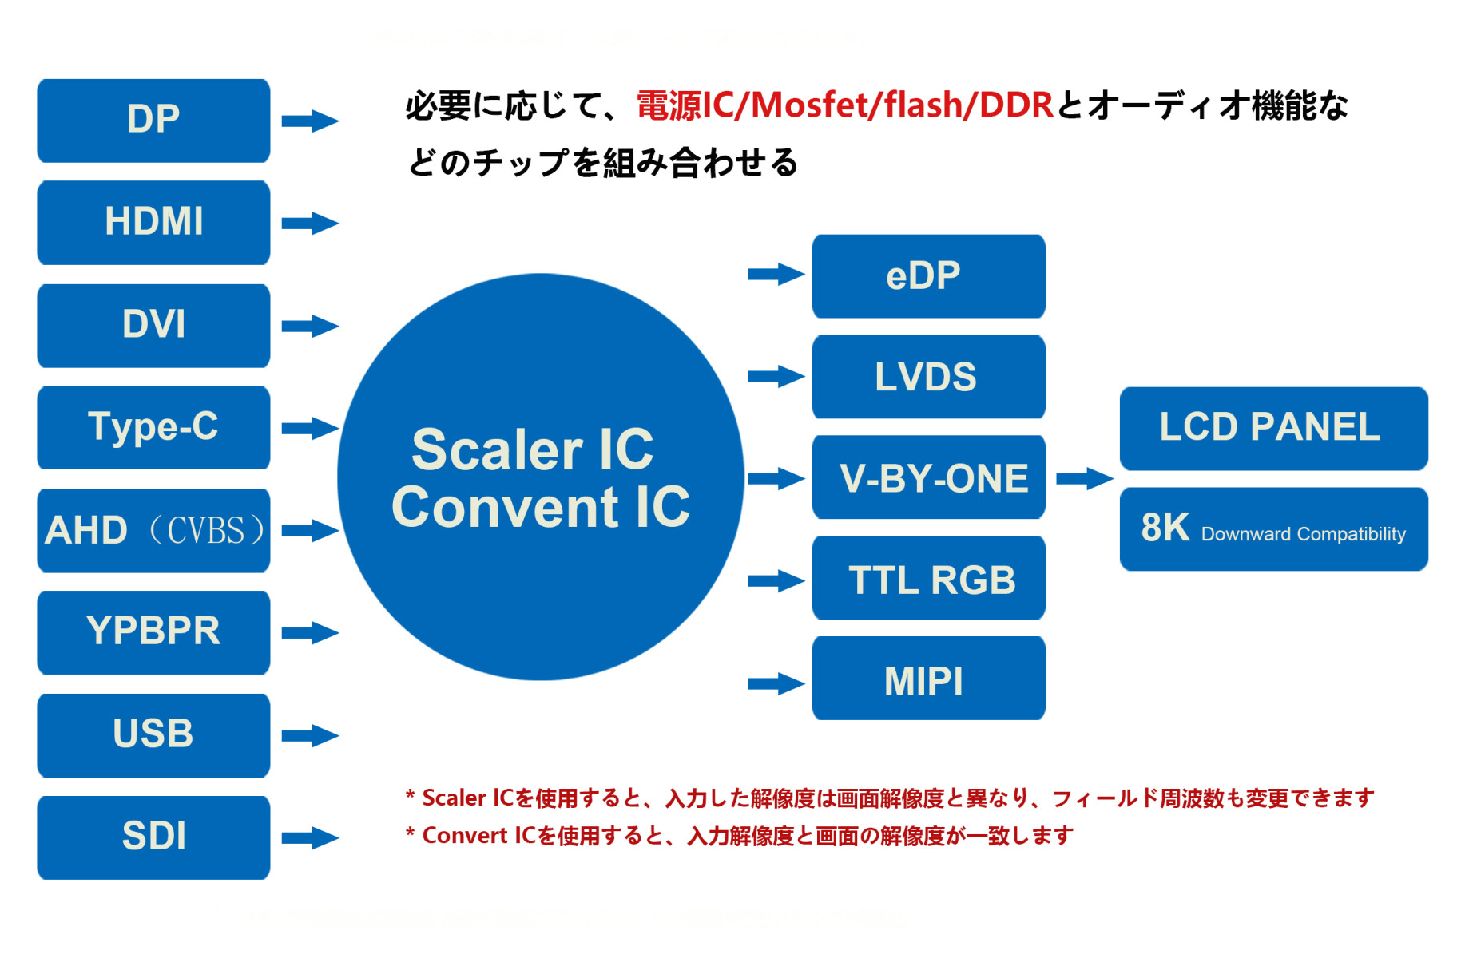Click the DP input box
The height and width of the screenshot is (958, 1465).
pos(153,121)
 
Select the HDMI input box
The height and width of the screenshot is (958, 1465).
pos(153,222)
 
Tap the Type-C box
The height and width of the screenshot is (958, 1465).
pos(153,427)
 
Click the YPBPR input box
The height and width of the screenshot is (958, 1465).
pos(153,632)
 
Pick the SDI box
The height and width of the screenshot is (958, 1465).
pos(153,837)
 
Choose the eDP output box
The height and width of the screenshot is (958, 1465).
pos(928,276)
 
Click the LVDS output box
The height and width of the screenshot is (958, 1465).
pos(928,377)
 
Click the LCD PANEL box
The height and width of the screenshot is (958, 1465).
pos(1272,429)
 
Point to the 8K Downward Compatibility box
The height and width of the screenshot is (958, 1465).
pos(1272,529)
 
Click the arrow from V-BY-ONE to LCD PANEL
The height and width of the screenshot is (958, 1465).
pos(1084,479)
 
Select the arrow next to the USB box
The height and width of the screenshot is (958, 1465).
pos(310,735)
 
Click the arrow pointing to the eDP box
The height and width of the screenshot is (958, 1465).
pos(776,275)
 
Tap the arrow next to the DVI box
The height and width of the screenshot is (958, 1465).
pos(310,326)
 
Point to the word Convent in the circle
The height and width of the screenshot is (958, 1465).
pos(505,508)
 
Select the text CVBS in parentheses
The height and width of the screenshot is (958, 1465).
pos(206,531)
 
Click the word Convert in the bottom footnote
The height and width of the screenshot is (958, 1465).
pos(464,836)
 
